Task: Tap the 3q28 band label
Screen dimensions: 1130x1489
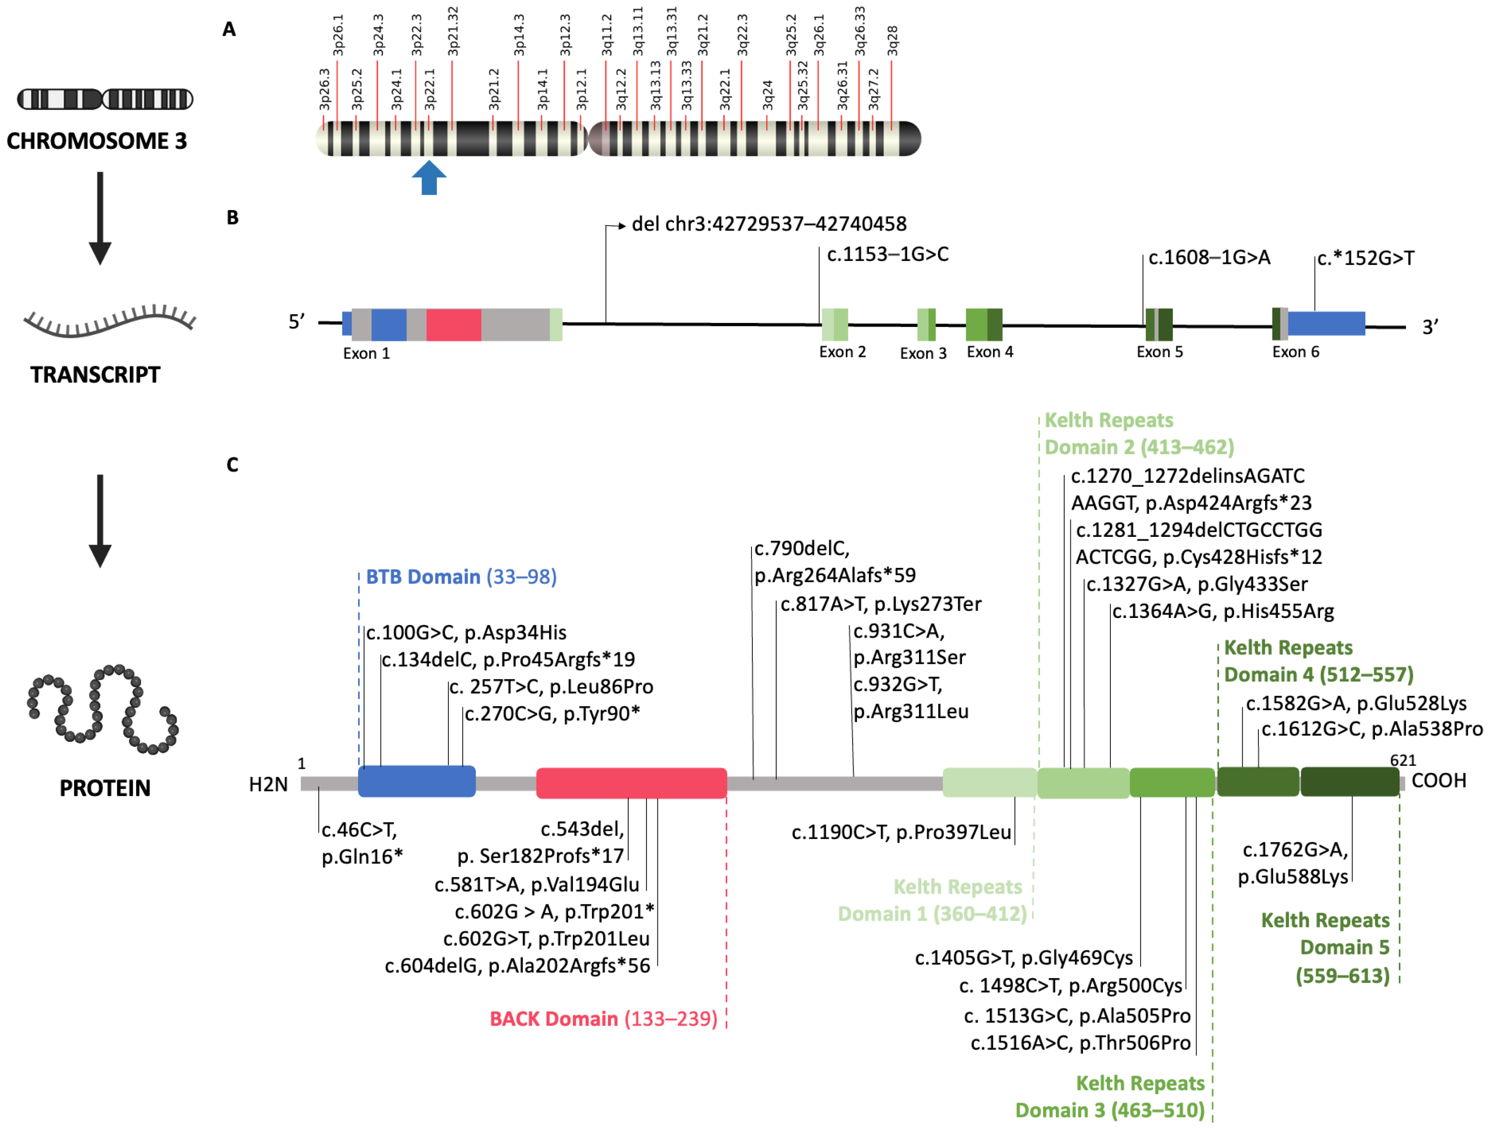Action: (892, 41)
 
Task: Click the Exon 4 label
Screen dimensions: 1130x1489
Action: (990, 352)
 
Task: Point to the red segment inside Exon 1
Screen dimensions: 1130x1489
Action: (453, 325)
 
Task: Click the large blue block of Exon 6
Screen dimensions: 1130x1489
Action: (1326, 324)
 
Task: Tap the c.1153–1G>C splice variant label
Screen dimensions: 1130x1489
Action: (887, 254)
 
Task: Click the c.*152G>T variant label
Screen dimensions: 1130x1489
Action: (1365, 259)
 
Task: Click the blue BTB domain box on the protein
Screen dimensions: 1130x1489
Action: (417, 781)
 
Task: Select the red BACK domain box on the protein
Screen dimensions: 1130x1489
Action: (632, 783)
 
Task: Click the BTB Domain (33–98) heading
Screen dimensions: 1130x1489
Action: (461, 577)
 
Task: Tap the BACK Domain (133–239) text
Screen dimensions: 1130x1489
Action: (603, 1019)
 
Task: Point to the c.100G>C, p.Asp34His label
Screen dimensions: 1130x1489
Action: (466, 633)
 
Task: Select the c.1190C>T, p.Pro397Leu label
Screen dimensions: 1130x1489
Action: (901, 833)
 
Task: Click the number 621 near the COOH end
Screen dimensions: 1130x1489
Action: (1403, 761)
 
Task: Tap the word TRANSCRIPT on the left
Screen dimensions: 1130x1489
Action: (95, 375)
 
